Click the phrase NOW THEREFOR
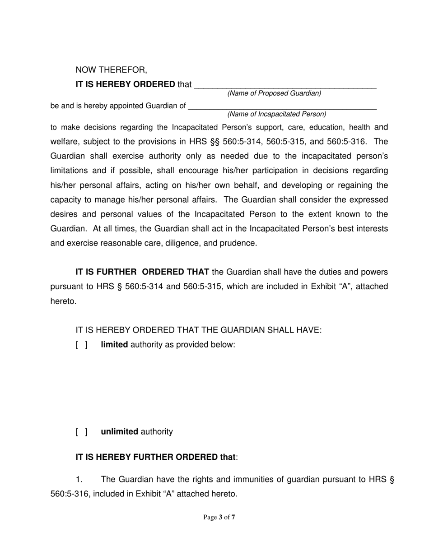coord(111,70)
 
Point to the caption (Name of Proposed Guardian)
coord(274,93)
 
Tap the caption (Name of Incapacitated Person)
coord(277,114)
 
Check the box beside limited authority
coord(82,345)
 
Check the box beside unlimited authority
coord(82,432)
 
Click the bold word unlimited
coord(120,432)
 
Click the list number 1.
coord(80,480)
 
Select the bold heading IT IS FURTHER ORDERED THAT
coord(142,272)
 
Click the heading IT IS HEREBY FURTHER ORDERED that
coord(156,457)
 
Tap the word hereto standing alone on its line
coord(63,301)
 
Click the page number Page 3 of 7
coord(219,517)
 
